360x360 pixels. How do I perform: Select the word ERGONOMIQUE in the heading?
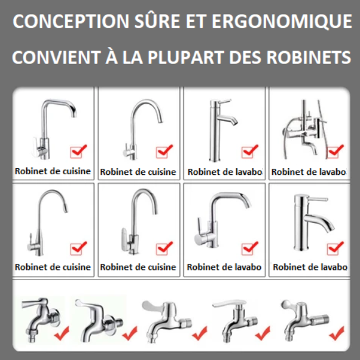coord(281,21)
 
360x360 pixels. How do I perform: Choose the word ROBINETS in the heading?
coord(309,57)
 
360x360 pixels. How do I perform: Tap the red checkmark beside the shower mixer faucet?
coord(336,151)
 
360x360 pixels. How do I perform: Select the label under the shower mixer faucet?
coord(309,172)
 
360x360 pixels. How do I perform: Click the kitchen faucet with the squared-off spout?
coord(54,129)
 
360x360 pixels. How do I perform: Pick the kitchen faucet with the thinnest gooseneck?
coord(48,222)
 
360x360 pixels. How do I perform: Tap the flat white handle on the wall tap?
coord(229,304)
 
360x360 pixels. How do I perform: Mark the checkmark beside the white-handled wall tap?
coord(263,333)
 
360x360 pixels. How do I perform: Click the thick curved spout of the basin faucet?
coord(319,221)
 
